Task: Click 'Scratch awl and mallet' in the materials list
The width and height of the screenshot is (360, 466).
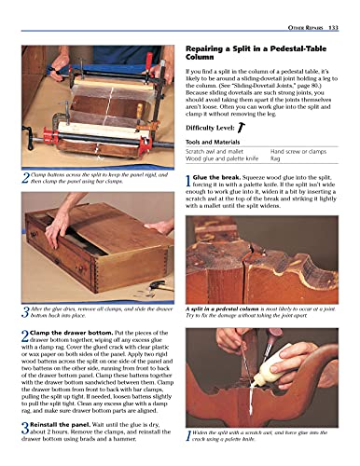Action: point(217,151)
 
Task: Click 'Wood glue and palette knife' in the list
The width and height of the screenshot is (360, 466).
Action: point(225,159)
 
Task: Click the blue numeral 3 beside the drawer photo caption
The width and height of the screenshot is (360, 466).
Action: point(24,310)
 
